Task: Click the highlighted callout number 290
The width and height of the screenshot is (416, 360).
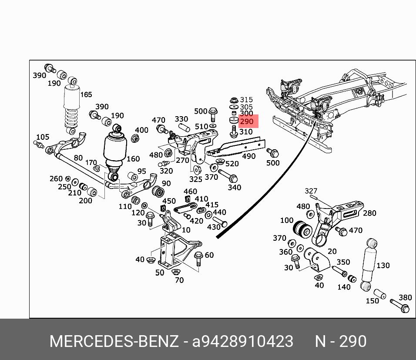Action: (x=246, y=121)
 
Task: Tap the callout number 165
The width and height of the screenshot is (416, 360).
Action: (x=86, y=94)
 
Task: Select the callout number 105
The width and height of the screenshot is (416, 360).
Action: (x=42, y=138)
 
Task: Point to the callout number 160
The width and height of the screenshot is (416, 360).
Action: (x=133, y=159)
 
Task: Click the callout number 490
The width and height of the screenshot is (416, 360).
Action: (x=248, y=156)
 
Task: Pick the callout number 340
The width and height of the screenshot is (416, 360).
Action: (x=234, y=188)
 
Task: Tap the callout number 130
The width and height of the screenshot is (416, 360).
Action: (x=383, y=265)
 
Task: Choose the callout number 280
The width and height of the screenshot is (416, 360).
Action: (x=369, y=213)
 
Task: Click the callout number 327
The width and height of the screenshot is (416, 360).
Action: (x=311, y=191)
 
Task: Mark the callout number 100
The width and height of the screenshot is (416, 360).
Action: (x=286, y=220)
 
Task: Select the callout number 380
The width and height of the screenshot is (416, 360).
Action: (x=405, y=298)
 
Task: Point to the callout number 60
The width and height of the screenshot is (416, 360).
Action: (x=209, y=255)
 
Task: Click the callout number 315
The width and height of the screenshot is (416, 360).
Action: (x=246, y=100)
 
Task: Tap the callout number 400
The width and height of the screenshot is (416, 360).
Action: (x=141, y=130)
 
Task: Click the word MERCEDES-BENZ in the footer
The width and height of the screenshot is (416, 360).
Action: (x=114, y=341)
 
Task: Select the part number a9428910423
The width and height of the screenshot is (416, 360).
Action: (x=243, y=341)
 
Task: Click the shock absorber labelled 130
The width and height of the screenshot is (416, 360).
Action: (x=369, y=266)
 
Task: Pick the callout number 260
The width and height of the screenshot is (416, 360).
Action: (x=56, y=178)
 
